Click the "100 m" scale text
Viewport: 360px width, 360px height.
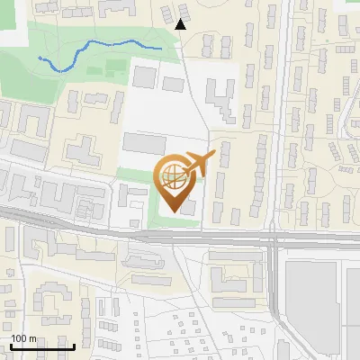[x=24, y=337]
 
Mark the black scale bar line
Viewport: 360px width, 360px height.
[x=41, y=346]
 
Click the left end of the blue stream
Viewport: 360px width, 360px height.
[x=40, y=57]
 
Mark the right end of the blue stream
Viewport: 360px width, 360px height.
[x=161, y=47]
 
